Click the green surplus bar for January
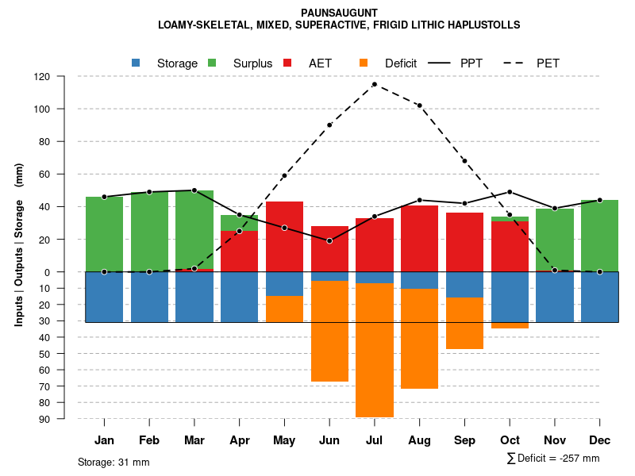[x=104, y=234]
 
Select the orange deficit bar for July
[x=375, y=350]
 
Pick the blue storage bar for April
[x=239, y=297]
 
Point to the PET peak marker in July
[x=375, y=84]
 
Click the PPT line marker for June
[x=329, y=240]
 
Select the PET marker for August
[x=419, y=106]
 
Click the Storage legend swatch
[x=136, y=63]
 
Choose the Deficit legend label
[x=401, y=63]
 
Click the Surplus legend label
[x=252, y=63]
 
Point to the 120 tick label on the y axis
[x=42, y=77]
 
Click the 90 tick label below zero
[x=44, y=419]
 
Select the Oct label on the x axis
[x=510, y=440]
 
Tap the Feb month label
[x=149, y=440]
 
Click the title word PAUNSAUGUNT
[x=340, y=13]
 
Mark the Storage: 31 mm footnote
[x=114, y=462]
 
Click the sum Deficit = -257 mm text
[x=552, y=459]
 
